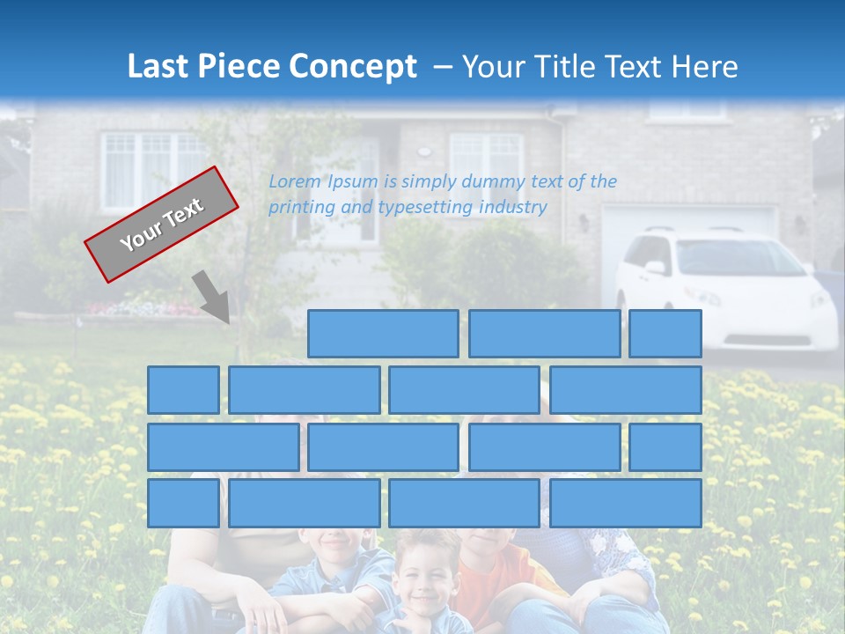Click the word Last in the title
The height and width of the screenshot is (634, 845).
click(158, 67)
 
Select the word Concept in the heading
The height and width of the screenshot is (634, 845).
click(354, 67)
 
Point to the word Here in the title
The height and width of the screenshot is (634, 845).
click(704, 67)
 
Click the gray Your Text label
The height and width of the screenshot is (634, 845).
click(161, 225)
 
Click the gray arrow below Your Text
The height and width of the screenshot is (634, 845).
click(211, 296)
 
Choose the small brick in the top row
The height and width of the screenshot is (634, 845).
click(665, 334)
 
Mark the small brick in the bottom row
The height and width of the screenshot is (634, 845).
click(183, 503)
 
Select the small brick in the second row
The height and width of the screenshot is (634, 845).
click(183, 390)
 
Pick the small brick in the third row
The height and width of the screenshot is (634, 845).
click(665, 446)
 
